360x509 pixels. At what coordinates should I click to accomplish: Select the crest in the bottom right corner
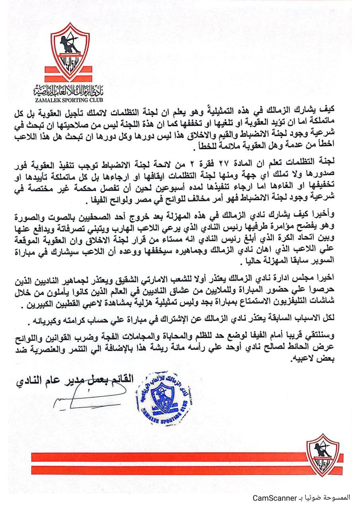pyautogui.click(x=323, y=455)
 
